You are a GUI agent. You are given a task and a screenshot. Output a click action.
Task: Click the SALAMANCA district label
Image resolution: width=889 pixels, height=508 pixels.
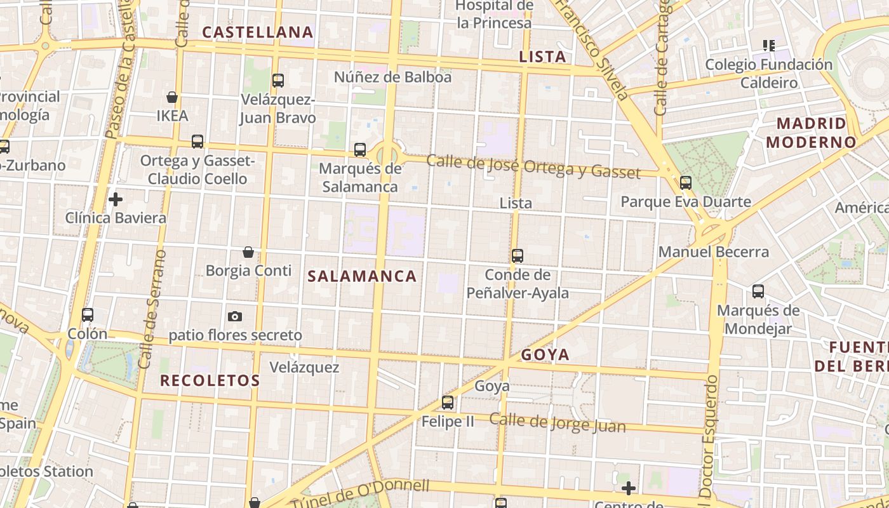point(362,276)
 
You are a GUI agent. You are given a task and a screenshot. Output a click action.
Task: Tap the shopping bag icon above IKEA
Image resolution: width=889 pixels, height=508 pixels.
point(172,97)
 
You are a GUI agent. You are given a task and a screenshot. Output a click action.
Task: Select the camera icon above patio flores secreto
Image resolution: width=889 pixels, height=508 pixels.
point(235,316)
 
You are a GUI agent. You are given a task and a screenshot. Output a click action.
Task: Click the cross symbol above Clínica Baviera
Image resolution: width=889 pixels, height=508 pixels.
point(116,199)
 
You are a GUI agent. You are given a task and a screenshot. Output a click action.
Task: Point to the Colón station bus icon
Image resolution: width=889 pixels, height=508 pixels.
point(88,314)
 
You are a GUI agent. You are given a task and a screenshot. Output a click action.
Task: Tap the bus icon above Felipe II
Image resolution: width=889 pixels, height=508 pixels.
point(448,402)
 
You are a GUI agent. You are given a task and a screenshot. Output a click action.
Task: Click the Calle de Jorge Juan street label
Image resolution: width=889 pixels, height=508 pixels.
point(557,423)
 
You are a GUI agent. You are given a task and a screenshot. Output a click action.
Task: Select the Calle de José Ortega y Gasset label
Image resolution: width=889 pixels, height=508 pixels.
point(533,166)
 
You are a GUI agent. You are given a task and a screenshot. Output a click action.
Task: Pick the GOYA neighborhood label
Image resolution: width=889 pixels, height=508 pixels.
point(545,355)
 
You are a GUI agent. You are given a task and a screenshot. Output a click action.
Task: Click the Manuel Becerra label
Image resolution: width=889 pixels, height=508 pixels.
point(713,251)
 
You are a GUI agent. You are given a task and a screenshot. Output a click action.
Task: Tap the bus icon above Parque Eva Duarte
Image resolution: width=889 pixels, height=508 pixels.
point(686,183)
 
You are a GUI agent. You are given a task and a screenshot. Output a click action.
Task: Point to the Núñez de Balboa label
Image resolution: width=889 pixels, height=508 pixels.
point(392,77)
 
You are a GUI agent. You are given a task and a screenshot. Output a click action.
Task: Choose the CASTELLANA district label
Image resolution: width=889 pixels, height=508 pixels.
point(257,32)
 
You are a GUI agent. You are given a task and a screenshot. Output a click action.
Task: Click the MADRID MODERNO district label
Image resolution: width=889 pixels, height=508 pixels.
point(812,132)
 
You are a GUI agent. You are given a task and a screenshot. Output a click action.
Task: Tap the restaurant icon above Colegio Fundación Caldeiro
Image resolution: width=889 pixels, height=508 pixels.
point(769,45)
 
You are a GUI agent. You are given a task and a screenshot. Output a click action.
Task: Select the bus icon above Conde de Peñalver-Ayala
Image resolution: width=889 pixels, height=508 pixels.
point(518,256)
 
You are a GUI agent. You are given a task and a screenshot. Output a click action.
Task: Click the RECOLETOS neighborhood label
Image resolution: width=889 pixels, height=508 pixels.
point(210,381)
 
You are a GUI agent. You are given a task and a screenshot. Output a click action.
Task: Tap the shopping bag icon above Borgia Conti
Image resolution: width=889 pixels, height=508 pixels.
point(248,252)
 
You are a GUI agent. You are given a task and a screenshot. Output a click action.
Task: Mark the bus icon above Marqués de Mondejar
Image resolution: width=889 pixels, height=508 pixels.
point(758,291)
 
